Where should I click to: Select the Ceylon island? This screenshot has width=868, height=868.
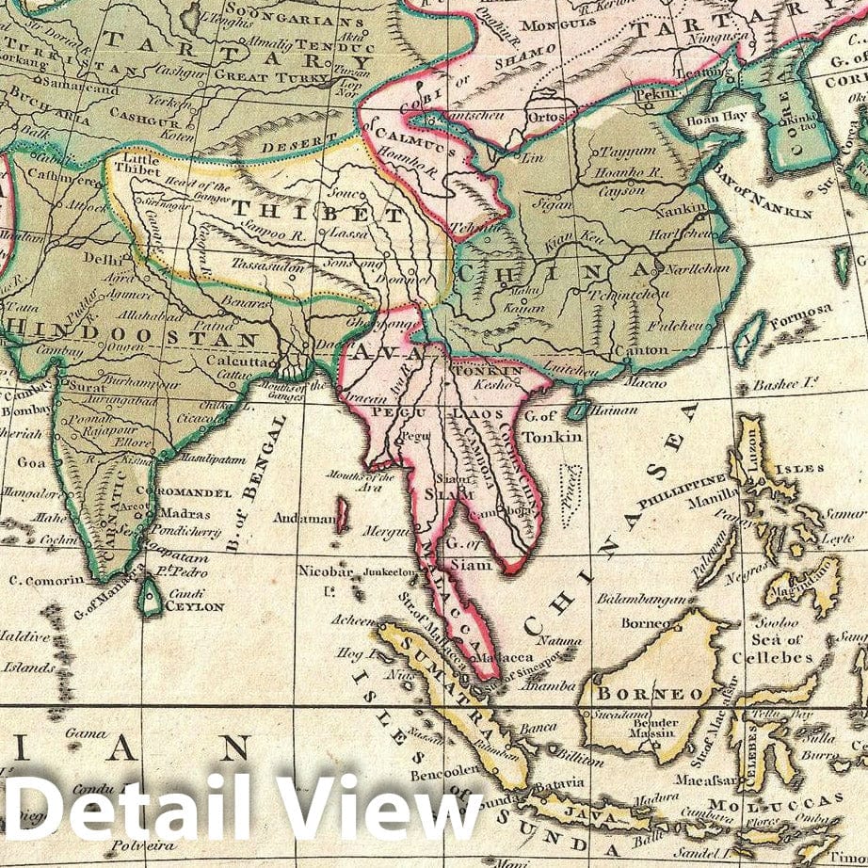click(151, 597)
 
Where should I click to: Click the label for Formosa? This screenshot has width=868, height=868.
click(800, 310)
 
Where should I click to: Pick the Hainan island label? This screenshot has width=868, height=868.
click(617, 410)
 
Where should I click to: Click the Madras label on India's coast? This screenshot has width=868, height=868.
click(178, 514)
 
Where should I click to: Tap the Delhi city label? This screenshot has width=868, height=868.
click(98, 256)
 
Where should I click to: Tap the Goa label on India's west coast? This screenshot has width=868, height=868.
click(31, 462)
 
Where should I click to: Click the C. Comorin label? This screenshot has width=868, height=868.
click(46, 580)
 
